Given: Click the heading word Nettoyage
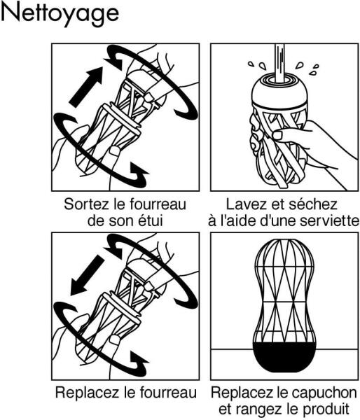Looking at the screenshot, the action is pyautogui.click(x=60, y=13).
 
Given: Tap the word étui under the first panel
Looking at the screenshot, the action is pyautogui.click(x=151, y=221).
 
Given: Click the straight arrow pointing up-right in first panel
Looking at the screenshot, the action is pyautogui.click(x=85, y=87).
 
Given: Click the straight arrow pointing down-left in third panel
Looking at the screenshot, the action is pyautogui.click(x=87, y=275).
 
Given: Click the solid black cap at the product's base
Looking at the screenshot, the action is pyautogui.click(x=284, y=357).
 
